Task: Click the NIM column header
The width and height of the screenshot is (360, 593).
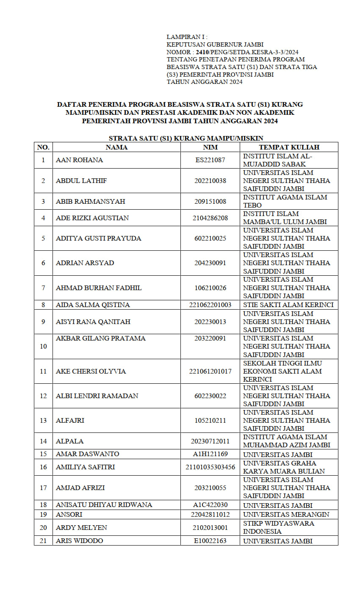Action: [210, 147]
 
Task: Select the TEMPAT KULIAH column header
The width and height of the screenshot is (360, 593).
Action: [289, 147]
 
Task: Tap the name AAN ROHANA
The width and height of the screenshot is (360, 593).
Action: [79, 160]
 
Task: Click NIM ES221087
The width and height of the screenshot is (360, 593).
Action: [210, 160]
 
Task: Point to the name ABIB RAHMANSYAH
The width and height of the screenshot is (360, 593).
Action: [90, 201]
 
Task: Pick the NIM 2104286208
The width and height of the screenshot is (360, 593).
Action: [210, 218]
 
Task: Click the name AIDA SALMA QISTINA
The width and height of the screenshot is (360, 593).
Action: [93, 305]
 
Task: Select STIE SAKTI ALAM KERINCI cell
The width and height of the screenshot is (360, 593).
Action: [288, 305]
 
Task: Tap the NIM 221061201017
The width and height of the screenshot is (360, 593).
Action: [210, 371]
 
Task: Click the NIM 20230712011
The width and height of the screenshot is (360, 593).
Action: [210, 441]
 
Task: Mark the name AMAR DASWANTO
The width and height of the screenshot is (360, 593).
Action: [87, 454]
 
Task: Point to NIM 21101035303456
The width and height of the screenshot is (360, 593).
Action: [210, 467]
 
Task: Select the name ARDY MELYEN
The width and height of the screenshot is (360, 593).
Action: [81, 528]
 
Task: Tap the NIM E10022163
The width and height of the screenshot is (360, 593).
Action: [210, 541]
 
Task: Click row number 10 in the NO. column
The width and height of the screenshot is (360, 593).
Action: [43, 346]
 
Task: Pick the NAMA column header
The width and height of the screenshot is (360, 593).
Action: [116, 147]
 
